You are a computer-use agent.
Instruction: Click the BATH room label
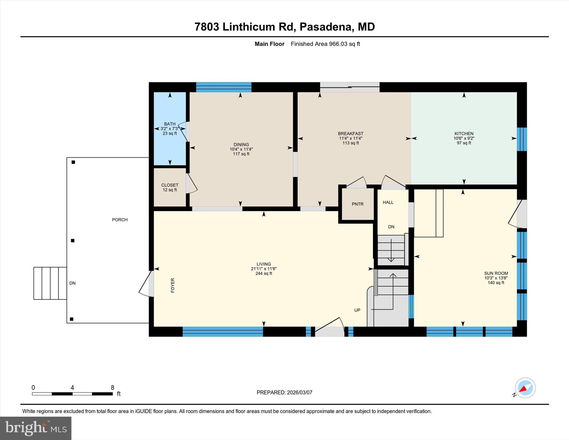[169, 124]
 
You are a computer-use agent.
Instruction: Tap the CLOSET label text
[169, 185]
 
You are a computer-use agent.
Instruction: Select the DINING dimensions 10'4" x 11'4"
[241, 149]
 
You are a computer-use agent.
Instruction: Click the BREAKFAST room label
[350, 134]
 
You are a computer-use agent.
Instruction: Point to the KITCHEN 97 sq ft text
[464, 143]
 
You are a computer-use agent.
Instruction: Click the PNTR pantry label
[357, 204]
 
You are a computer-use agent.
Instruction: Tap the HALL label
[388, 202]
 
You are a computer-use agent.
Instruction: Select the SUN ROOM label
[496, 273]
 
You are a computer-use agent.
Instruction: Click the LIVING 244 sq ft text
[263, 274]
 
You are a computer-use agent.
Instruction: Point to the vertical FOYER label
[173, 285]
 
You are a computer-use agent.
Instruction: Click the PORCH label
[120, 220]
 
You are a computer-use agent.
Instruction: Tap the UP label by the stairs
[357, 310]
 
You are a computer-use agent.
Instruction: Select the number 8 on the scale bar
[113, 388]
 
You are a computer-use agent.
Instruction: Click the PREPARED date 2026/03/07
[299, 392]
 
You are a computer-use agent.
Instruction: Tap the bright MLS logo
[36, 428]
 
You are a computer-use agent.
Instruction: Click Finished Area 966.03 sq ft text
[325, 44]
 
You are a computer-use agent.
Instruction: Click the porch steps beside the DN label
[50, 283]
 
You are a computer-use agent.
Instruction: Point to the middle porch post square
[73, 241]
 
